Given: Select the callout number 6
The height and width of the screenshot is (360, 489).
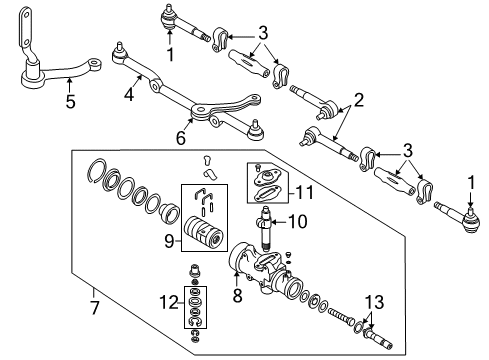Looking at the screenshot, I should (181, 136).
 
